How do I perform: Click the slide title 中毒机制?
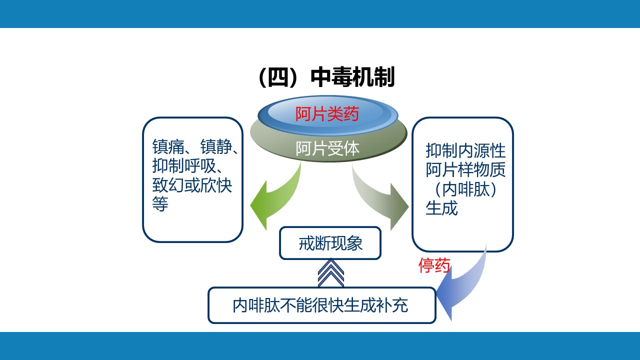pos(352,78)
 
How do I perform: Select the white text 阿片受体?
pos(327,148)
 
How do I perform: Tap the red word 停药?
pos(434,266)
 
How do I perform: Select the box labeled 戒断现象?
pos(330,243)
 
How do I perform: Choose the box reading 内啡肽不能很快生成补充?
pos(321,305)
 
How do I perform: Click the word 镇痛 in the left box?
pos(168,148)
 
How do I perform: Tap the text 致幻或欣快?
pos(192,185)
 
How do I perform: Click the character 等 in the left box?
pos(160,204)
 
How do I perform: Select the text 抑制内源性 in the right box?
pos(465,151)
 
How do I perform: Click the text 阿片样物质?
pos(465,170)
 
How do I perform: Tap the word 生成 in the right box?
pos(441,208)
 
